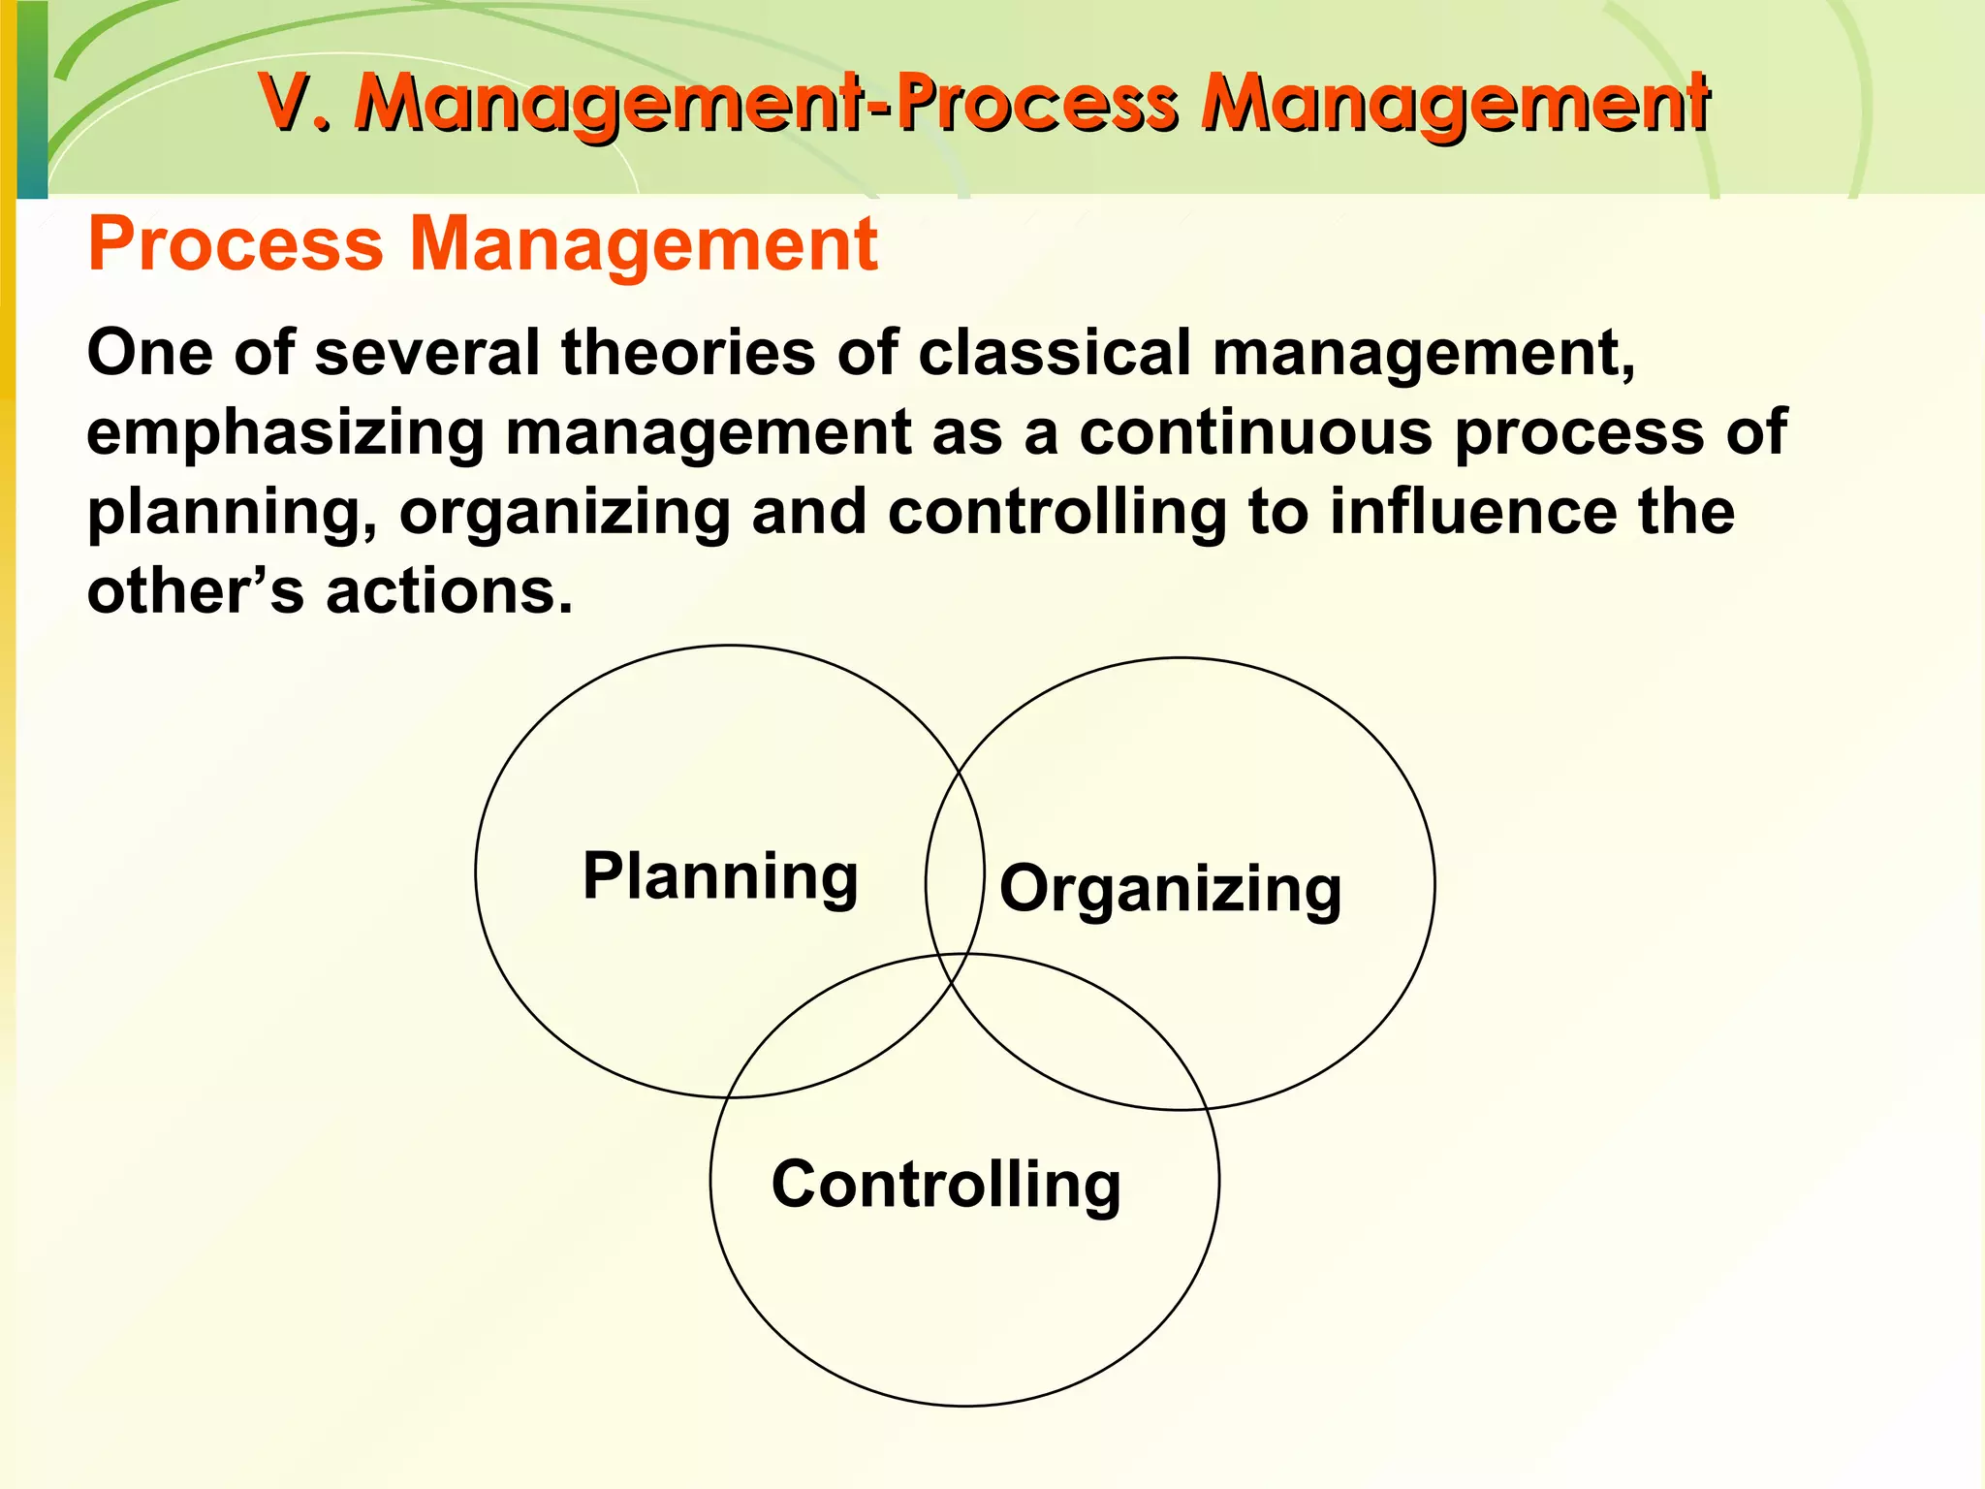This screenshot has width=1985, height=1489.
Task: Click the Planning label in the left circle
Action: click(720, 876)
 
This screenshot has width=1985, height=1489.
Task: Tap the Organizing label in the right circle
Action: click(1170, 889)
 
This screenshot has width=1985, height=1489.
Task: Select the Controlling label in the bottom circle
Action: click(946, 1185)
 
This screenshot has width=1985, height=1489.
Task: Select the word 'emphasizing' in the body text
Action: click(285, 432)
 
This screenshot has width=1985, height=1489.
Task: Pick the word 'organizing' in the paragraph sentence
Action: click(564, 513)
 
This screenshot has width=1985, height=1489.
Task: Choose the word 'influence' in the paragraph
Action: click(1472, 513)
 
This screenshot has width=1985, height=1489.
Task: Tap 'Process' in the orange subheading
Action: click(236, 244)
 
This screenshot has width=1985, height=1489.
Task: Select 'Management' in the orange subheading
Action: click(644, 244)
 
